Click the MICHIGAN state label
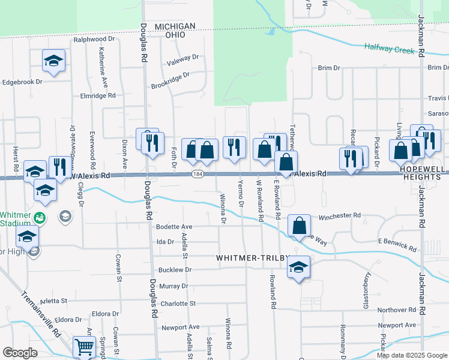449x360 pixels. click(175, 26)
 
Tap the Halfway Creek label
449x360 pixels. click(390, 49)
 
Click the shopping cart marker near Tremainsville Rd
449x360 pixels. click(84, 347)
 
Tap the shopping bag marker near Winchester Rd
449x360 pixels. click(299, 226)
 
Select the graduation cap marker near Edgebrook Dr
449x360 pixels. click(54, 61)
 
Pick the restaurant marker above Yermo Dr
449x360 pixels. click(234, 146)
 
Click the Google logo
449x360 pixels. click(20, 353)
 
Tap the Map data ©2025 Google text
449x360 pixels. click(412, 355)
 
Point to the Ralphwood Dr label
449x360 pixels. click(89, 40)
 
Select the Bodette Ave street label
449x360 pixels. click(173, 227)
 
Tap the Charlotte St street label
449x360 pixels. click(178, 304)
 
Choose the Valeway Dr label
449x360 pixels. click(182, 58)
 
